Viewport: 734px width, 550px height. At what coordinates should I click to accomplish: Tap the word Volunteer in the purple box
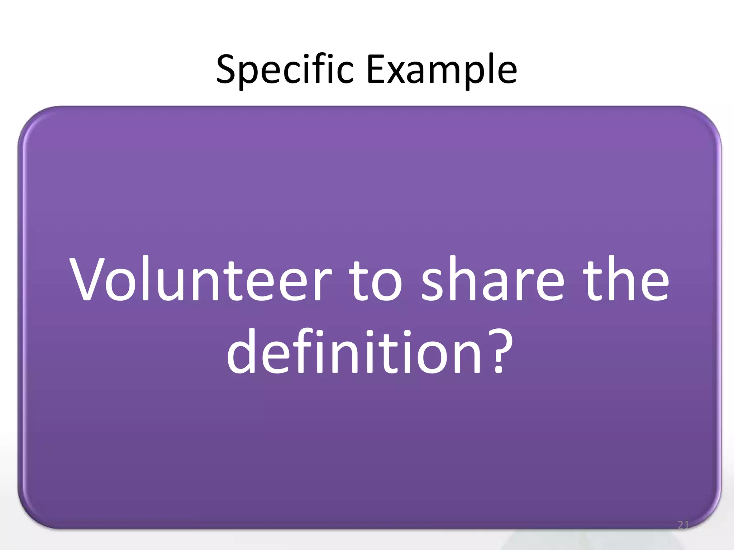[201, 279]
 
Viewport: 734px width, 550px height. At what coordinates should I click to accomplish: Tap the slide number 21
[683, 525]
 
